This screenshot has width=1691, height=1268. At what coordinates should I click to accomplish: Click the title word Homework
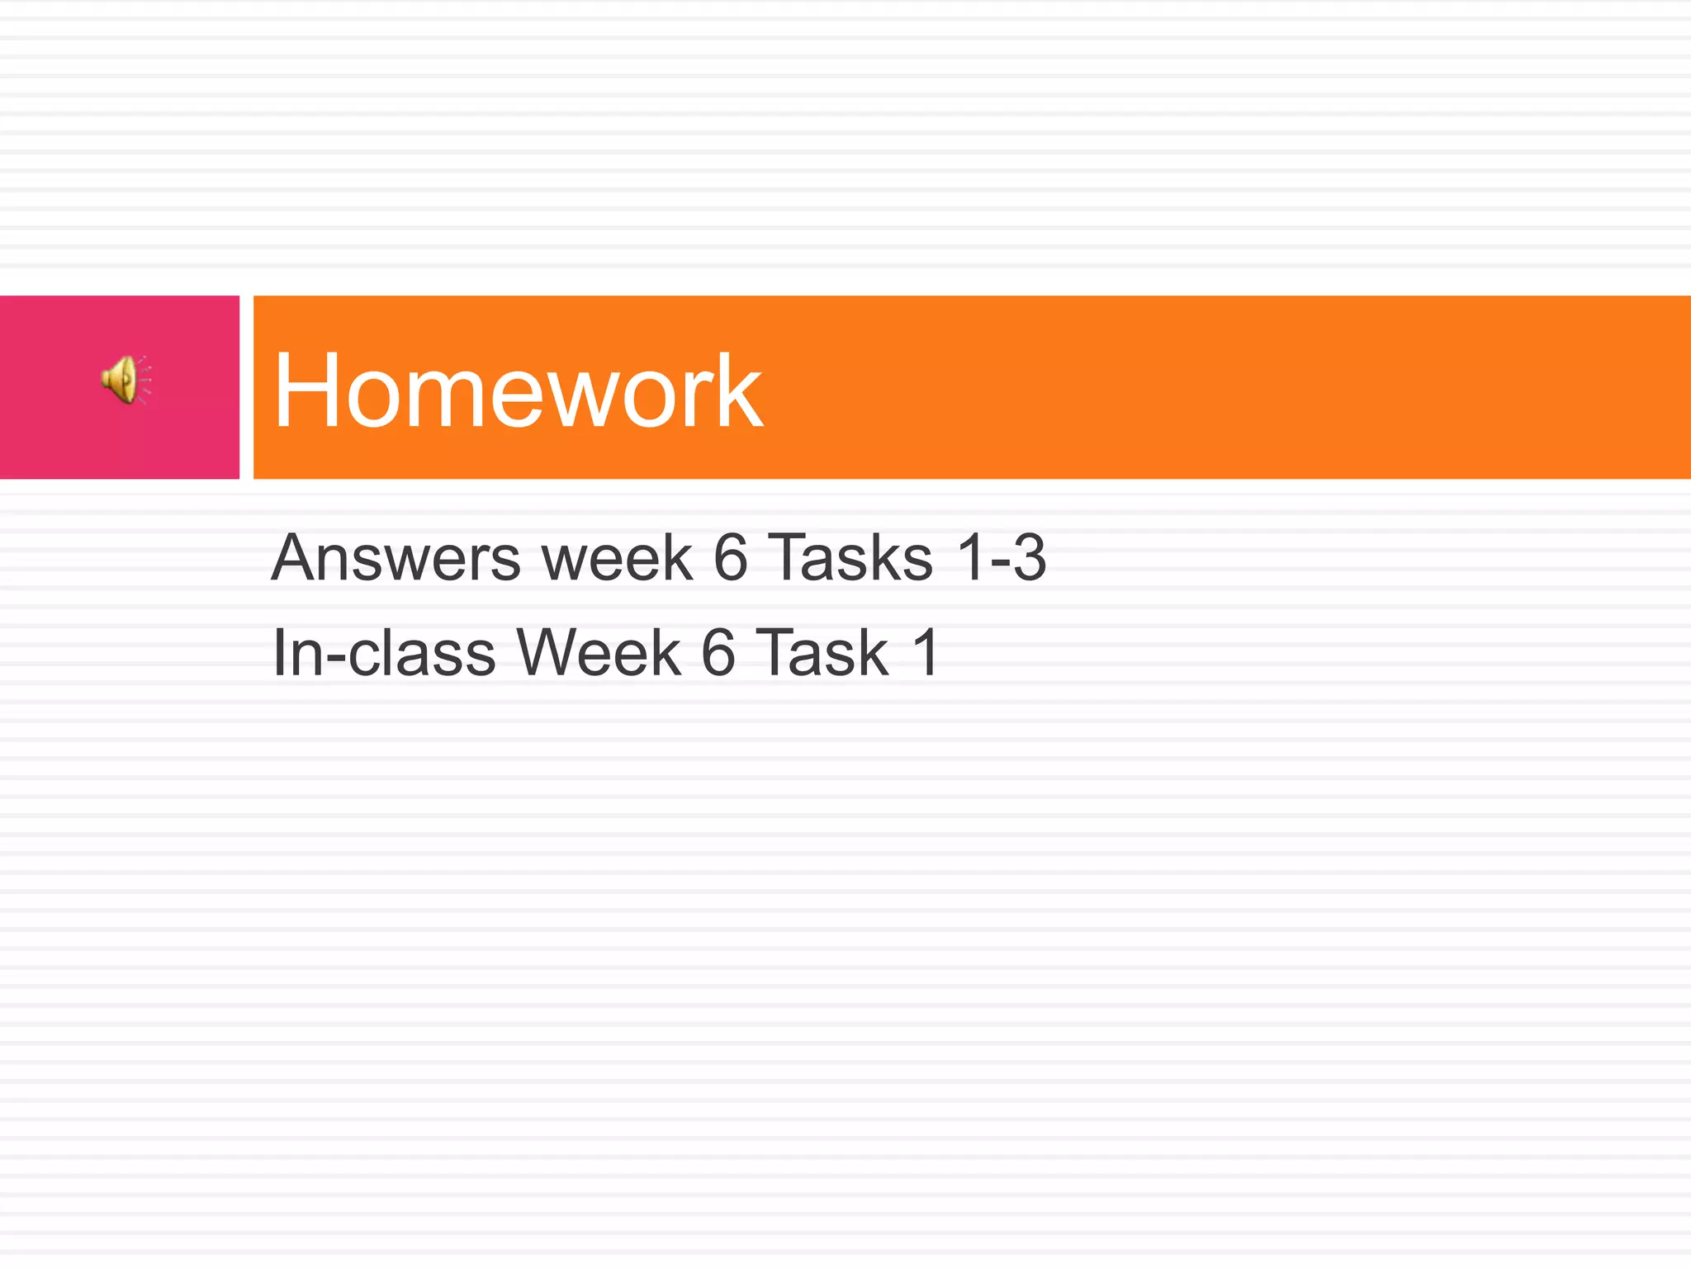coord(518,390)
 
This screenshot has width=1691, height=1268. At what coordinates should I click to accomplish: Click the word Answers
coord(396,558)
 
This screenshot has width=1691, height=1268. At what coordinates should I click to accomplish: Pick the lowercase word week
coord(617,558)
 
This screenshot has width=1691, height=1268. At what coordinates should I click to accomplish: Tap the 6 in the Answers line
coord(730,558)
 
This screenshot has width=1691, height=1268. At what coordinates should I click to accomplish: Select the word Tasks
coord(850,558)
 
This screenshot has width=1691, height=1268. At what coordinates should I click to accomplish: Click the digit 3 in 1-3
coord(1029,558)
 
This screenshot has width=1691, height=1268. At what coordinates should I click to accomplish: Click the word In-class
coord(384,653)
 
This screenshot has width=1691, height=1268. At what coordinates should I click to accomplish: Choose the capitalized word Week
coord(599,653)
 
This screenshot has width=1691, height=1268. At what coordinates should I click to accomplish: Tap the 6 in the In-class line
coord(718,653)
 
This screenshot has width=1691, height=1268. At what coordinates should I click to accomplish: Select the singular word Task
coord(822,653)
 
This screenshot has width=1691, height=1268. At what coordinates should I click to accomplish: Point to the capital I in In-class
coord(279,653)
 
